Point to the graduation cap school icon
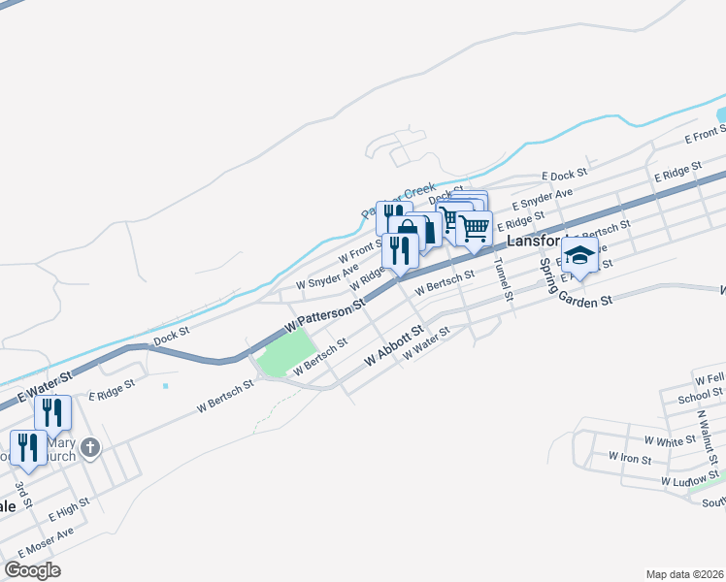(579, 257)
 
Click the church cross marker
(90, 448)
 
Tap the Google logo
(32, 570)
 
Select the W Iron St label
(630, 456)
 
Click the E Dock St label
(565, 176)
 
